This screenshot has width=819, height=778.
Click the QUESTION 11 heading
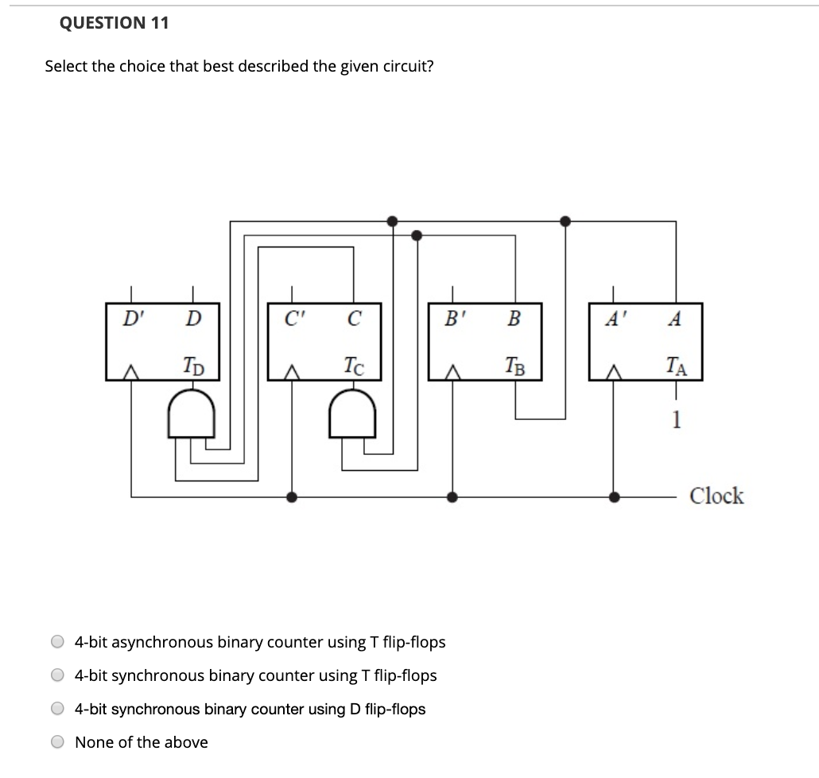[x=114, y=23]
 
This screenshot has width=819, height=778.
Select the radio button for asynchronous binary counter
[x=58, y=642]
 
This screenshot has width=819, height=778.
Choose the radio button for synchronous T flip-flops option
[x=58, y=675]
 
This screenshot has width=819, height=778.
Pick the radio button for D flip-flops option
[x=58, y=709]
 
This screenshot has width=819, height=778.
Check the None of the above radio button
[x=58, y=742]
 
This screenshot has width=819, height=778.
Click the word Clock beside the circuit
[x=716, y=496]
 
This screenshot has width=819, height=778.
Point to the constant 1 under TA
[x=675, y=419]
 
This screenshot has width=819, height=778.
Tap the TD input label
[x=192, y=367]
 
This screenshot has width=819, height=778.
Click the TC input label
[x=354, y=367]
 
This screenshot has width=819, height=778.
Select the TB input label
[x=514, y=367]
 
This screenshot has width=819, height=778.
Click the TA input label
[x=676, y=367]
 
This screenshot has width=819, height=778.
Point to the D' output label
[x=130, y=320]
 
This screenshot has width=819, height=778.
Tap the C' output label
[x=292, y=320]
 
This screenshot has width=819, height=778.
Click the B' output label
[x=453, y=320]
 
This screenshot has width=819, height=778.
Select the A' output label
[x=613, y=320]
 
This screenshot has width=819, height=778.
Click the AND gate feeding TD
[x=191, y=415]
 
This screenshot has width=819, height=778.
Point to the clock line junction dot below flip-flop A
[x=613, y=497]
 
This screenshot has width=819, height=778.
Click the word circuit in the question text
[x=405, y=66]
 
